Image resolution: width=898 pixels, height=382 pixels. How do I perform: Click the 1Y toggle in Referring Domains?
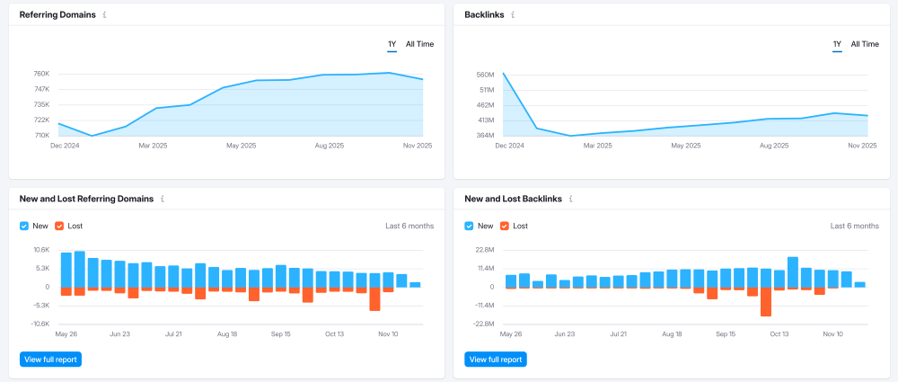point(392,44)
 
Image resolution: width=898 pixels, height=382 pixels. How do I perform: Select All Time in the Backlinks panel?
point(865,44)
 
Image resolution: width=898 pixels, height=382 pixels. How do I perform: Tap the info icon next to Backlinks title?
point(513,15)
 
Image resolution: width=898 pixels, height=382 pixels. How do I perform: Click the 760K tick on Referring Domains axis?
point(42,74)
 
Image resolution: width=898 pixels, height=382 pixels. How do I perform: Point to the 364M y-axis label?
point(485,136)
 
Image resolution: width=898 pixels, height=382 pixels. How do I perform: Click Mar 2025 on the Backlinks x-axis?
point(597,146)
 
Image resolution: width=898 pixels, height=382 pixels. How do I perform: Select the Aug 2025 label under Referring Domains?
point(330,146)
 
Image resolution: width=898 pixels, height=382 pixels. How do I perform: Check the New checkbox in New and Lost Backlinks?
point(469,226)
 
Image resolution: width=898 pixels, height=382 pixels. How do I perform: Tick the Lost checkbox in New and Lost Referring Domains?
point(59,226)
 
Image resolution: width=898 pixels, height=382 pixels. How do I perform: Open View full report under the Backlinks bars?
point(496,360)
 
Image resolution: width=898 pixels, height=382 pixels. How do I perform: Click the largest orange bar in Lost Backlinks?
point(766,302)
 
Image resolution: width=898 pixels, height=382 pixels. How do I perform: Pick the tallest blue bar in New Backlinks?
point(793,271)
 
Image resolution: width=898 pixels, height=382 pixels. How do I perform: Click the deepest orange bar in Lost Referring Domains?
point(375,298)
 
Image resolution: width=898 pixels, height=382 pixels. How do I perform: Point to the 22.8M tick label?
point(485,250)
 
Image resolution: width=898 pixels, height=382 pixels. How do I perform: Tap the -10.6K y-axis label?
point(40,324)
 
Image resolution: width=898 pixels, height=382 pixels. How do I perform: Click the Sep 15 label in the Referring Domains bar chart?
point(281,333)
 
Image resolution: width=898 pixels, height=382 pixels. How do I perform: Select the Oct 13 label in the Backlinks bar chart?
point(779,333)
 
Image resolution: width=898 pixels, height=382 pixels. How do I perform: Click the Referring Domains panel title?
point(57,15)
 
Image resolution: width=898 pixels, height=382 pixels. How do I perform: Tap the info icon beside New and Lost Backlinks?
point(571,199)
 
